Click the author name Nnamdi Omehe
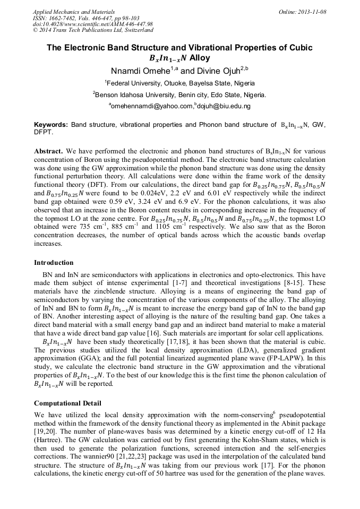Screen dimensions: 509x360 [136, 71]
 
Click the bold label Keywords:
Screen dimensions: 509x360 [50, 125]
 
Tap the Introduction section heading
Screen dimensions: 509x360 [54, 262]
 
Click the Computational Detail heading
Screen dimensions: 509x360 [67, 403]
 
